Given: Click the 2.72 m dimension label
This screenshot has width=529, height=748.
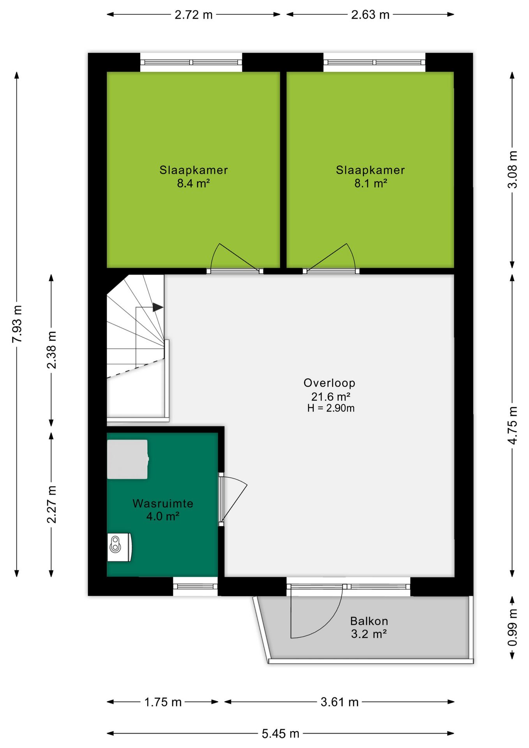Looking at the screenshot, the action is coord(193,15).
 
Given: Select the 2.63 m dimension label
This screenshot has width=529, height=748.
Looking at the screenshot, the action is coord(370,15).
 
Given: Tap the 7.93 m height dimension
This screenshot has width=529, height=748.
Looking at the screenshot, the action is coord(17,324).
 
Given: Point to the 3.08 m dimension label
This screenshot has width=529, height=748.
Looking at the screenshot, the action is coord(512,169).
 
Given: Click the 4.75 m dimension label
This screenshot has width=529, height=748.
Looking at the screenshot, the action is coord(512,425).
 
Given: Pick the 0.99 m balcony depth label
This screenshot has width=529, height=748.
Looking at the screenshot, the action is coord(512,627).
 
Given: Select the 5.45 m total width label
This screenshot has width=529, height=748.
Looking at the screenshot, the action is coord(280,734).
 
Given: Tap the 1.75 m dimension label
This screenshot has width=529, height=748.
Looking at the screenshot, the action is coord(163,702).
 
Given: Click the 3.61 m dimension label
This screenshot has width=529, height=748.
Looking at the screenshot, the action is coord(339,702).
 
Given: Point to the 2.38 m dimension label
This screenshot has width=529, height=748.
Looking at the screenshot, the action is coord(51,350).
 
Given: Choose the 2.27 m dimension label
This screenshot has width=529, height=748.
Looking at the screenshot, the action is coord(51,505).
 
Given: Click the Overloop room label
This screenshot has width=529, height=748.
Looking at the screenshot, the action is coord(329,383).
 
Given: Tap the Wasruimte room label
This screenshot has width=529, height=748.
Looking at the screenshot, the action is coord(163,503).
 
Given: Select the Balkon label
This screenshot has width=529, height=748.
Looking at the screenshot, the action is coord(369,621).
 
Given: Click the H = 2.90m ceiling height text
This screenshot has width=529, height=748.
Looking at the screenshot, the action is coord(331,408).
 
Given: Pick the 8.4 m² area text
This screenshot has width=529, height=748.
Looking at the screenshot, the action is coord(193,183).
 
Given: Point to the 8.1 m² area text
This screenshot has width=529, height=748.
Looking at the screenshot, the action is coord(370,183).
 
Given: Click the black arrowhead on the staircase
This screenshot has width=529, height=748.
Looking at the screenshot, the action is coord(157,307).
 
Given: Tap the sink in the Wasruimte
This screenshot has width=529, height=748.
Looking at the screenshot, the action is coord(119,547).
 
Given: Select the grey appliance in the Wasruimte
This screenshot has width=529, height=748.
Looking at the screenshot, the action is coord(128,459).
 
